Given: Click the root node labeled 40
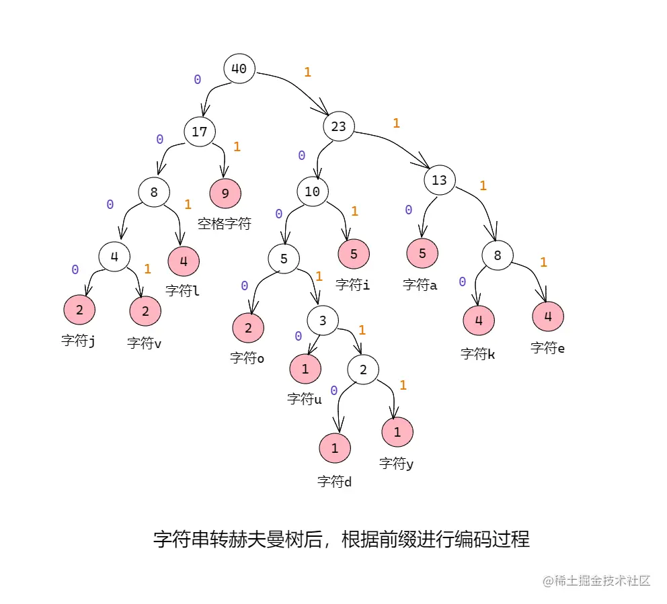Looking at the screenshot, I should [239, 69].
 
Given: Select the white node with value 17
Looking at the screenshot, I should [200, 132].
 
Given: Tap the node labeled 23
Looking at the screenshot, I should [339, 126].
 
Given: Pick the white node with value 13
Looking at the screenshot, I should [439, 180].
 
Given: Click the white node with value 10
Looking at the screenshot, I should [312, 191].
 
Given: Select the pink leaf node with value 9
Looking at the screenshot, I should [225, 193].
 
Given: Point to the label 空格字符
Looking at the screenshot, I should [224, 224].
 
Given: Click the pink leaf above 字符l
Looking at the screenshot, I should [183, 261].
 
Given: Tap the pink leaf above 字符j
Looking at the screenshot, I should [79, 310].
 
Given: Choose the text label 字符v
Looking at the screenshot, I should [145, 343].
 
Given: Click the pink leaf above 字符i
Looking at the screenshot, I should [354, 254].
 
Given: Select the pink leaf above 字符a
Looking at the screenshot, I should [422, 254].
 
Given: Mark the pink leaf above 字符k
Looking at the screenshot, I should [479, 320].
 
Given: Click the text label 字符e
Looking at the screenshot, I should [547, 348].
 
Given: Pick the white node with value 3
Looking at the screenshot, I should [323, 321].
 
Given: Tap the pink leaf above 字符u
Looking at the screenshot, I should [305, 368].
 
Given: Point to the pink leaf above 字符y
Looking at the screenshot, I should [397, 432].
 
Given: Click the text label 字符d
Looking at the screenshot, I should [335, 482].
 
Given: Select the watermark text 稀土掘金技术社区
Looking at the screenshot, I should [596, 580].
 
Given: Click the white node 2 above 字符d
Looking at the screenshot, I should [363, 369].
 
